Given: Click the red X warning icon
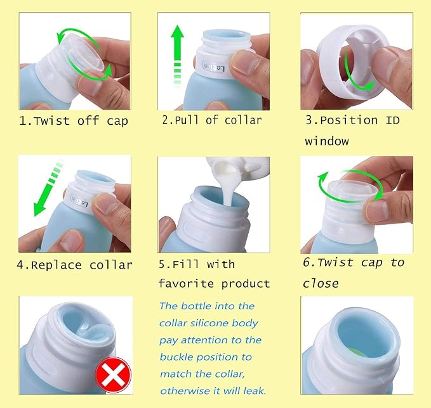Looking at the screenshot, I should point(112,378).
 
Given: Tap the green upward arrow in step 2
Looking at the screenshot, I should point(178,54).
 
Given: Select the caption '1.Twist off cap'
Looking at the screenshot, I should point(74,120).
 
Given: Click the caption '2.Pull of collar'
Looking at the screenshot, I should point(211,120).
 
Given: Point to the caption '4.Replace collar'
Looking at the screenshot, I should point(75,264).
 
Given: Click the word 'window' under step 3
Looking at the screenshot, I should point(326,141).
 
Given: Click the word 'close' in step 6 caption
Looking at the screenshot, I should point(321,283).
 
